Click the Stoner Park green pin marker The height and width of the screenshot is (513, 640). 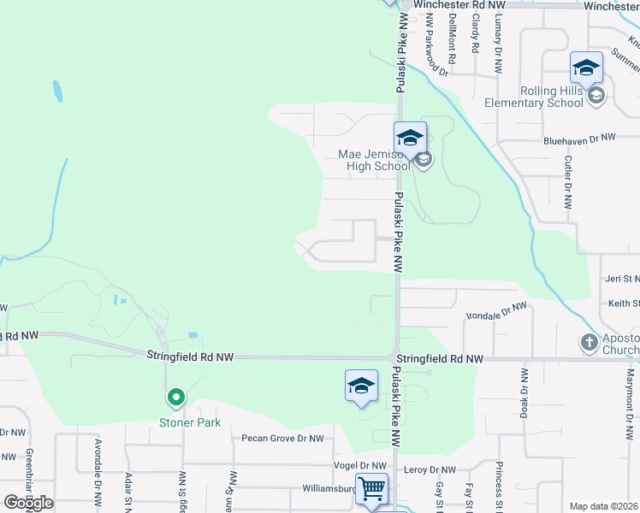click(175, 398)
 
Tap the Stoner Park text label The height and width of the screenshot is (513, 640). click(189, 422)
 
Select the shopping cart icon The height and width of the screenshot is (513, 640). click(371, 490)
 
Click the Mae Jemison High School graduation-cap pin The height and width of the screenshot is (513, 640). click(410, 138)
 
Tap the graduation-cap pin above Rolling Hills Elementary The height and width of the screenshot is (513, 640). click(586, 68)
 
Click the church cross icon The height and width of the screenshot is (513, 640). click(589, 343)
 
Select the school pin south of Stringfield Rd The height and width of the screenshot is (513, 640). click(361, 386)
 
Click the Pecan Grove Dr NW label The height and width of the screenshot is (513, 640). click(281, 439)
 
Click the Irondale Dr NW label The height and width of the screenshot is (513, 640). click(496, 310)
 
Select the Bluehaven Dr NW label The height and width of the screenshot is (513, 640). click(580, 138)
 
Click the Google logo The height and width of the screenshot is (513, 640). click(28, 502)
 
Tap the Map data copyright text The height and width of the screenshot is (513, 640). click(604, 506)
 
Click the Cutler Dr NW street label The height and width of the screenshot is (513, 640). click(567, 182)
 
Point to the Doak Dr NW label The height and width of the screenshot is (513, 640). click(524, 393)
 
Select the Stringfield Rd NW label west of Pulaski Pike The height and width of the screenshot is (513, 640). click(189, 356)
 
